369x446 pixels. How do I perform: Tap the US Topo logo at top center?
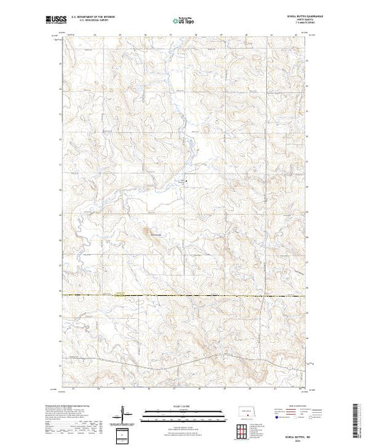(x=184, y=21)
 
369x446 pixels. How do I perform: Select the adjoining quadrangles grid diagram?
(x=242, y=430)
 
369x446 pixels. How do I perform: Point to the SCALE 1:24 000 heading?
(x=184, y=408)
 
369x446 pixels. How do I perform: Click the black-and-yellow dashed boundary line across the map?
(x=184, y=295)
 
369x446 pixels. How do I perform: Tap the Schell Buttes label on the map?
(x=154, y=234)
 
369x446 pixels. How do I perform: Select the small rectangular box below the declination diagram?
(x=125, y=433)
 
